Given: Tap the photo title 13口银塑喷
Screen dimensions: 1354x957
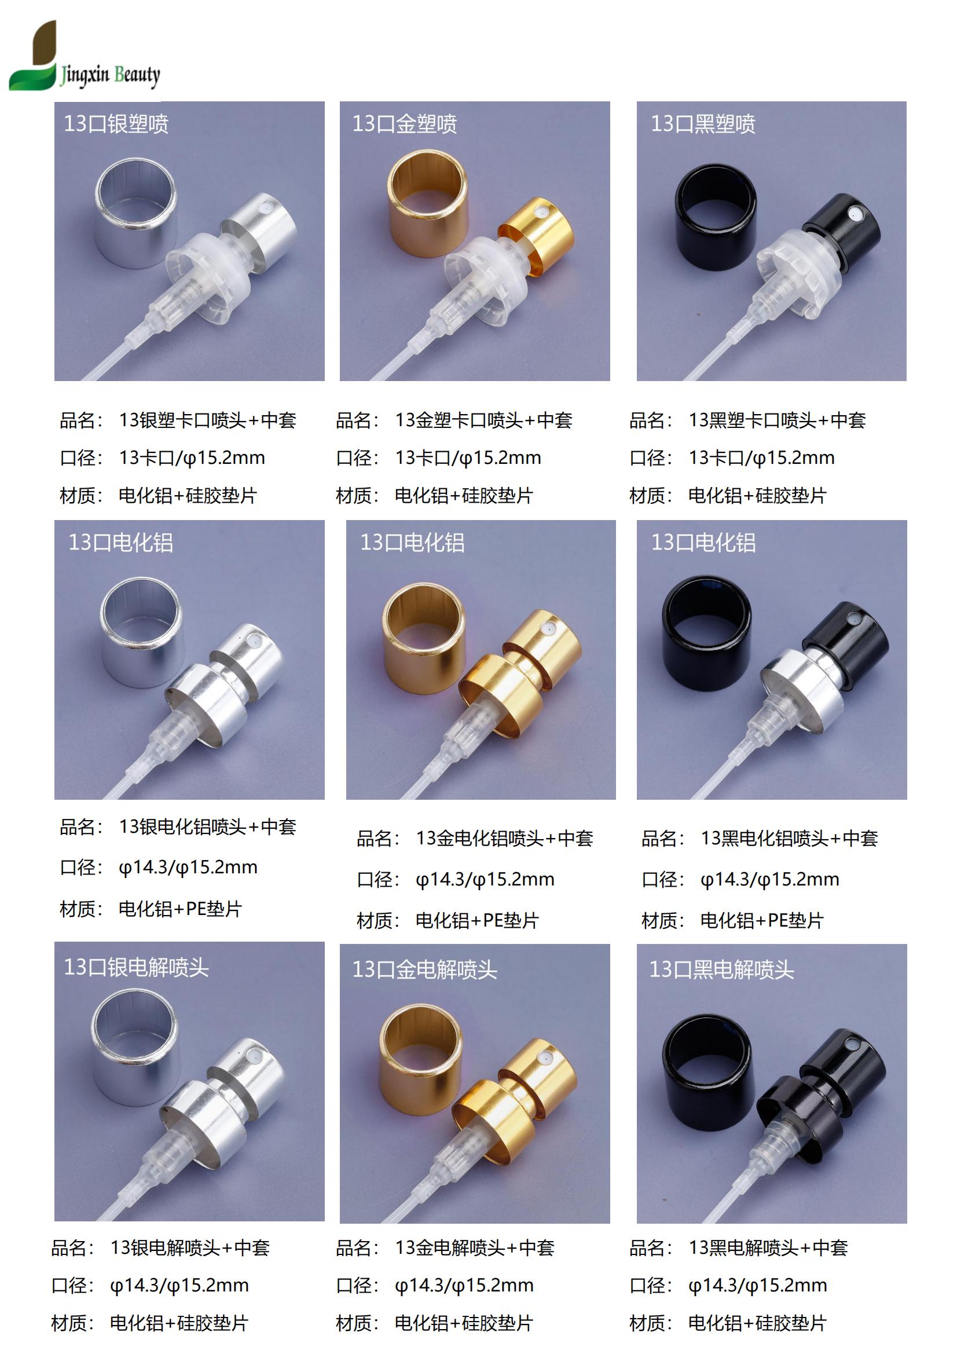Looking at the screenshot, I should pyautogui.click(x=116, y=124).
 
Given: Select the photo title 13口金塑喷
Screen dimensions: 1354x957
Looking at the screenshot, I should pyautogui.click(x=405, y=124).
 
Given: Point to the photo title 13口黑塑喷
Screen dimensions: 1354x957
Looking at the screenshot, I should pyautogui.click(x=703, y=124).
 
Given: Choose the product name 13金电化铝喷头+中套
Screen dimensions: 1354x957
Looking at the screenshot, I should pyautogui.click(x=504, y=838).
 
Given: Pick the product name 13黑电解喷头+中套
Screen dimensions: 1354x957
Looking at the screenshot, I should pyautogui.click(x=768, y=1247).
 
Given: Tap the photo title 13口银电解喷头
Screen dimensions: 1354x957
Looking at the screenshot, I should pyautogui.click(x=136, y=967).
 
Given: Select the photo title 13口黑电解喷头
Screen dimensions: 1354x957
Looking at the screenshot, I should pyautogui.click(x=722, y=969).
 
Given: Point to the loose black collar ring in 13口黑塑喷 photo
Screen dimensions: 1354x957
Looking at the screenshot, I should pyautogui.click(x=715, y=216).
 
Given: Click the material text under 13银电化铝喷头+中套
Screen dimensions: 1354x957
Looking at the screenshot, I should pyautogui.click(x=180, y=909).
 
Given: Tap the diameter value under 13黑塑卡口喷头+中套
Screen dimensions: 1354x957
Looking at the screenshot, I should pyautogui.click(x=761, y=458).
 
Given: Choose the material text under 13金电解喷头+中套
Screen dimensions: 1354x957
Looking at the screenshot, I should pyautogui.click(x=464, y=1323).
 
